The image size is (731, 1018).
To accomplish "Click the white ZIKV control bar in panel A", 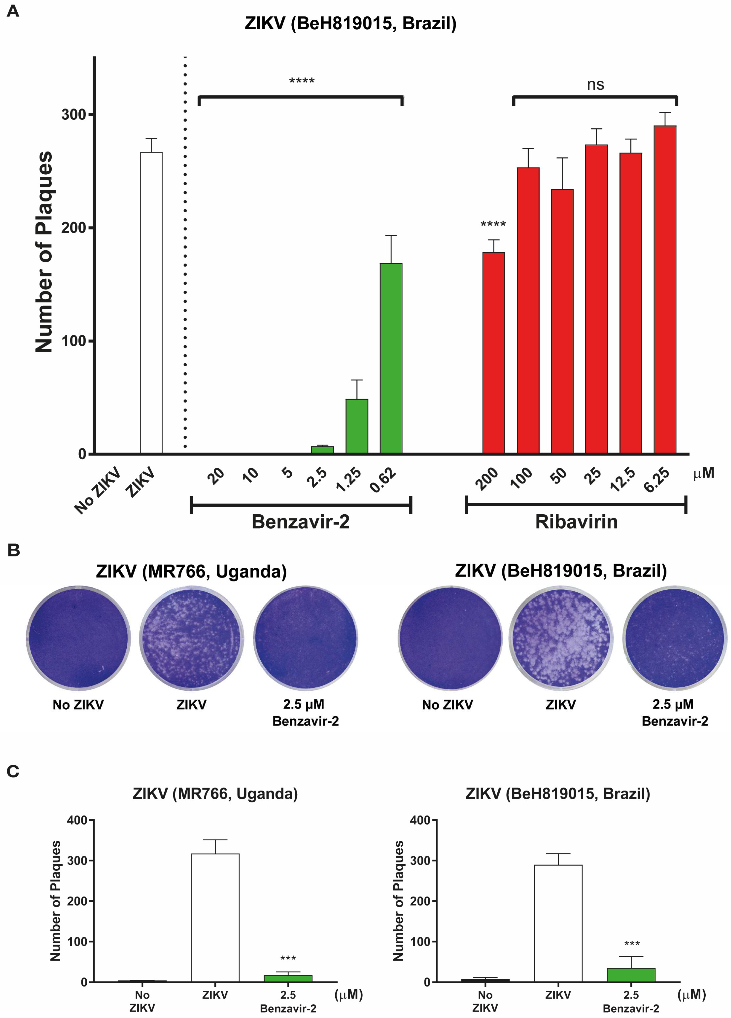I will click(x=151, y=303).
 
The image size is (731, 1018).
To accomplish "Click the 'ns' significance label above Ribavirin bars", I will click(x=595, y=84).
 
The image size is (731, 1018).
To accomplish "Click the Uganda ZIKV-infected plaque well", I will click(x=192, y=638).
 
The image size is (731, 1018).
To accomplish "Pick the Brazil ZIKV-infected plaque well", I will click(x=560, y=638).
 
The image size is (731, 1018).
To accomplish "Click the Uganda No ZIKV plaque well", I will click(x=78, y=638).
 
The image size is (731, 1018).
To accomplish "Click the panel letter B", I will click(x=13, y=550).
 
